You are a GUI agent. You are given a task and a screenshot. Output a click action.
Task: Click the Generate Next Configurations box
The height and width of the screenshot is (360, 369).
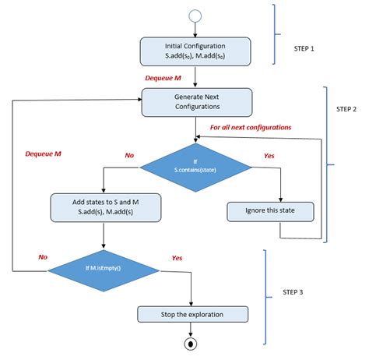click(x=196, y=102)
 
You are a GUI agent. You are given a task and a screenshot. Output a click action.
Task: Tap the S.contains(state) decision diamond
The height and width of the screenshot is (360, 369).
click(x=196, y=164)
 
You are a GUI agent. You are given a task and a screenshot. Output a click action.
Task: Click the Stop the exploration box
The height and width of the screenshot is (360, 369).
click(x=193, y=314)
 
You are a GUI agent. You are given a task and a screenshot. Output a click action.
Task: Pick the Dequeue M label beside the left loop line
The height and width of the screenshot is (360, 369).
click(x=44, y=154)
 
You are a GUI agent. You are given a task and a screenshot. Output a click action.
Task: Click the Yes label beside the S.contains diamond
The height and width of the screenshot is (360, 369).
click(x=269, y=155)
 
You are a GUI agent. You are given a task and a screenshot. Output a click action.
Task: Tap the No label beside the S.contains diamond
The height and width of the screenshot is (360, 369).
click(x=129, y=155)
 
